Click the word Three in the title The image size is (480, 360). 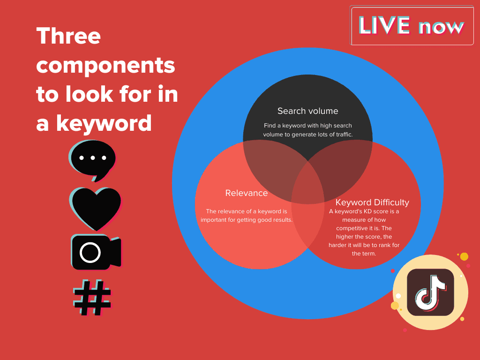pyautogui.click(x=68, y=36)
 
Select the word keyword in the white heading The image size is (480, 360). pyautogui.click(x=104, y=123)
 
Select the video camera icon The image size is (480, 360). pyautogui.click(x=96, y=252)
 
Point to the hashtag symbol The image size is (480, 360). pyautogui.click(x=92, y=298)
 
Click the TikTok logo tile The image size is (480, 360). pyautogui.click(x=430, y=292)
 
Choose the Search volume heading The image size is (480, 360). pyautogui.click(x=307, y=111)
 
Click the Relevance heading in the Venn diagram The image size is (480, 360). pyautogui.click(x=247, y=193)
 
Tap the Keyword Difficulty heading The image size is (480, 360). pyautogui.click(x=372, y=202)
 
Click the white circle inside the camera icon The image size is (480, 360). pyautogui.click(x=90, y=253)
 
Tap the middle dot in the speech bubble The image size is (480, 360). pyautogui.click(x=92, y=157)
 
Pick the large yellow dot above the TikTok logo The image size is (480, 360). pyautogui.click(x=464, y=256)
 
